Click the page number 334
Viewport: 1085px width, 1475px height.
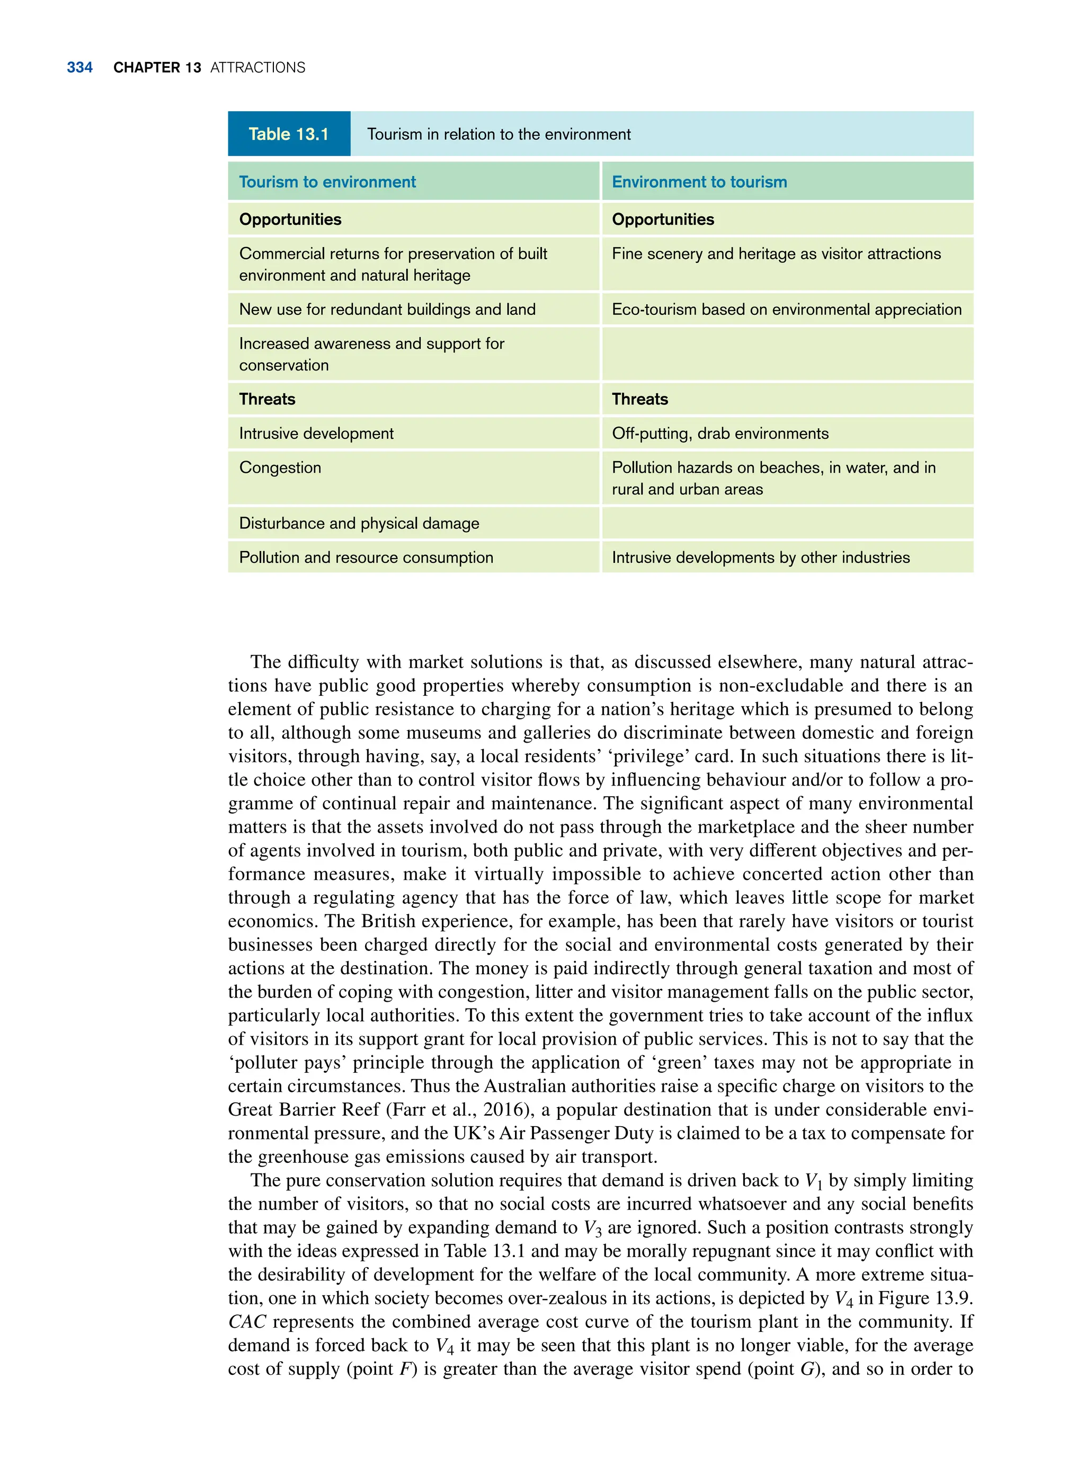[79, 68]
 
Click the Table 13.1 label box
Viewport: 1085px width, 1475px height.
[289, 134]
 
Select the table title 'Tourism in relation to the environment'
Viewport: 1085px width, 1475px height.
[499, 135]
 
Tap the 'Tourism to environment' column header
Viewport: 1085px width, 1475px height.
[327, 182]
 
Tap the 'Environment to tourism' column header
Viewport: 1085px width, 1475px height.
[699, 182]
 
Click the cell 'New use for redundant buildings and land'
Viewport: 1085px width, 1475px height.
[387, 310]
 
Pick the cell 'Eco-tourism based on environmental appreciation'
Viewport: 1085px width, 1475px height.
[786, 310]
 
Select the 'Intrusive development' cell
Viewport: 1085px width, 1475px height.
[316, 434]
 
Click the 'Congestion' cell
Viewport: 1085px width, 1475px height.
[280, 468]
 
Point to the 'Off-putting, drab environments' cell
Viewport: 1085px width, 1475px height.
[720, 434]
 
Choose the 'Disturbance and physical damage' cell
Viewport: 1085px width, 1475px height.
[359, 524]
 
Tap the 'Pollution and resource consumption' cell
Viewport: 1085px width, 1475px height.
[366, 558]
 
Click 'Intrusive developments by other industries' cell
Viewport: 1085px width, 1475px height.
[761, 558]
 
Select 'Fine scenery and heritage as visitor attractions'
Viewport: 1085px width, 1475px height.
[776, 254]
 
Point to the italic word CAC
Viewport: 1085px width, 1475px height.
[247, 1322]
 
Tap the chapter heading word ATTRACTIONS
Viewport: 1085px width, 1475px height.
[257, 68]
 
